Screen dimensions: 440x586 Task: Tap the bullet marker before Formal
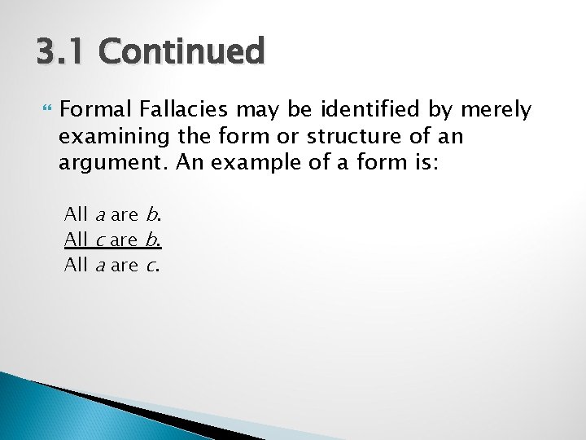tap(43, 109)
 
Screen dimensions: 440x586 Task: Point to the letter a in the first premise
tap(100, 215)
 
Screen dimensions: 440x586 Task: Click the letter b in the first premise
tap(151, 214)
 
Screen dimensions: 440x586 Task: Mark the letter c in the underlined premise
tap(99, 240)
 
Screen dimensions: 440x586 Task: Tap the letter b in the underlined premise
tap(151, 240)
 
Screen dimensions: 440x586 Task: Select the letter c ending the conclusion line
tap(151, 266)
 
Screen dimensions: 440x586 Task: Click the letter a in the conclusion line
tap(100, 266)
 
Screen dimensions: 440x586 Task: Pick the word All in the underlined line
tap(77, 240)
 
